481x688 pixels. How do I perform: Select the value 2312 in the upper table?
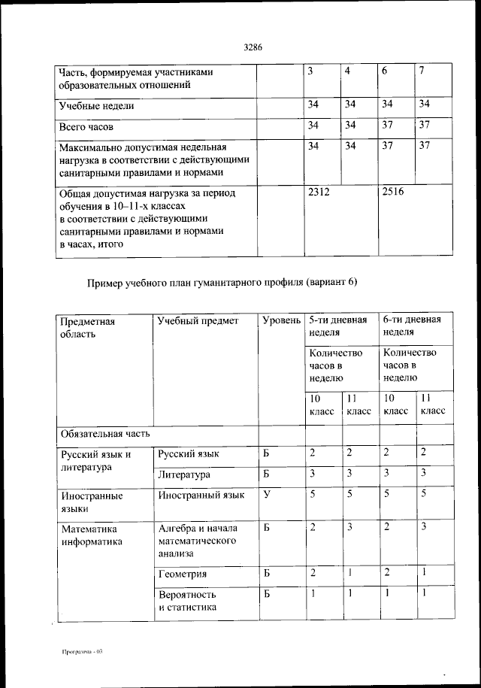pos(319,192)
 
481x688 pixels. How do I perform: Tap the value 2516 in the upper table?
pos(393,192)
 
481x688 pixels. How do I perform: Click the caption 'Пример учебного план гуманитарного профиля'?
pos(222,283)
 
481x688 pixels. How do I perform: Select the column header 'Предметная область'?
pos(87,327)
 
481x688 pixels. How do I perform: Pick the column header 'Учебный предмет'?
pos(198,321)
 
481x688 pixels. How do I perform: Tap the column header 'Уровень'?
pos(282,321)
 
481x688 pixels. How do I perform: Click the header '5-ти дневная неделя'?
pos(337,326)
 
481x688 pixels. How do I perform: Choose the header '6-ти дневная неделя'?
pos(411,326)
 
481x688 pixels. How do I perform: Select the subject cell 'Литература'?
pos(184,474)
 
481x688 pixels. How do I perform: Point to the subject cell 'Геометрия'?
pos(183,574)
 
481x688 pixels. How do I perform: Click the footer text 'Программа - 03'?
pos(82,651)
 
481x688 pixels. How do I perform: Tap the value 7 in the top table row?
pos(423,71)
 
